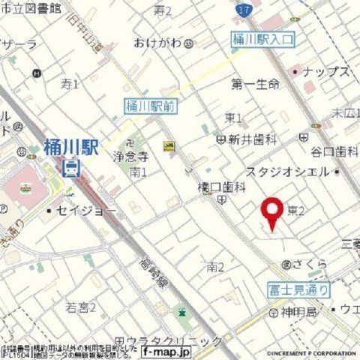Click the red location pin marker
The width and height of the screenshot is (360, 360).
point(271,211)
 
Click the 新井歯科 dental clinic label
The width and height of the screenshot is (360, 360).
point(253,139)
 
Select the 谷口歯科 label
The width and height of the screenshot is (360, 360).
point(337,151)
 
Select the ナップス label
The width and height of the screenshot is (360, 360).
point(328,72)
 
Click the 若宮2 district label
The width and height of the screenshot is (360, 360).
point(81,306)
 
